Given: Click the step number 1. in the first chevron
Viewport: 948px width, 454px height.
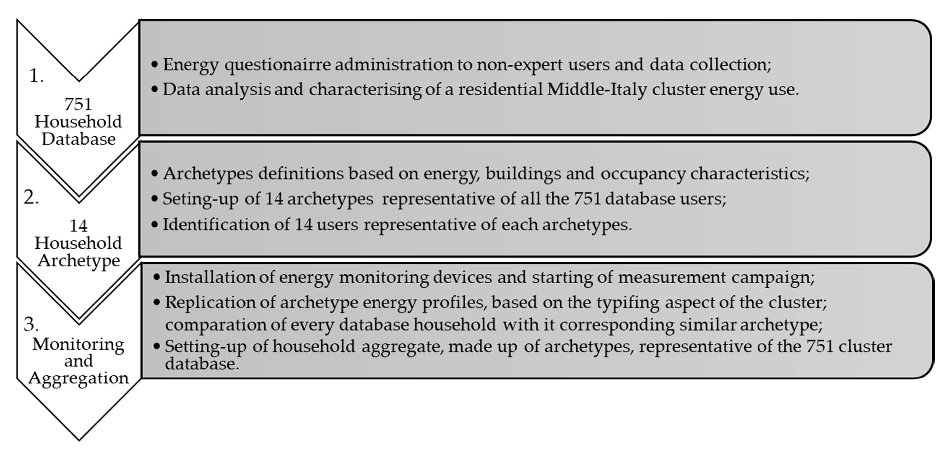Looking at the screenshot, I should [36, 76].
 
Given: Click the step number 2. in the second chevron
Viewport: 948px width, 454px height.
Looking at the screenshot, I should [31, 198].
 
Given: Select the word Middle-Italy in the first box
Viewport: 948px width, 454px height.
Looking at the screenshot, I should [596, 90].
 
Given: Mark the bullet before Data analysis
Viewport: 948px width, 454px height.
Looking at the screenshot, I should [155, 90].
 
